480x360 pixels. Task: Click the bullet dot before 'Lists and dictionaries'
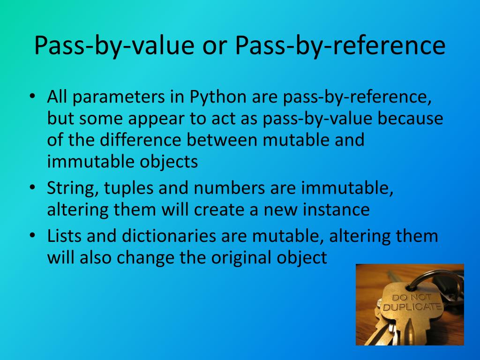pyautogui.click(x=32, y=235)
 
